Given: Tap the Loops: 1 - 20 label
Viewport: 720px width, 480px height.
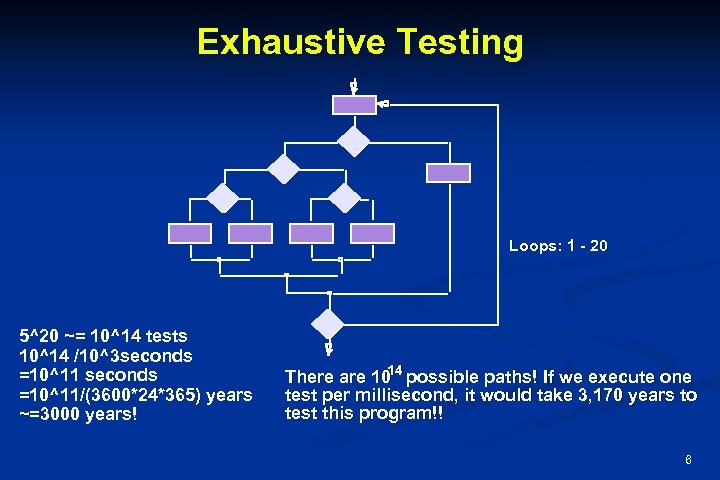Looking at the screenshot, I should tap(557, 245).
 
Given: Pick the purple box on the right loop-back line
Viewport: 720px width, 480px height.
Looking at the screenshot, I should tap(447, 172).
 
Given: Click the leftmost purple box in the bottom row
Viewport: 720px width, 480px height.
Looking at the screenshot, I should tap(190, 233).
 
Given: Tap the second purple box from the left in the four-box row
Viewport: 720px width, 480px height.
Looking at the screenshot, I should tap(250, 233).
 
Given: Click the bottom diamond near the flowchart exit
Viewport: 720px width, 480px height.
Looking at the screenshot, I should tap(328, 323).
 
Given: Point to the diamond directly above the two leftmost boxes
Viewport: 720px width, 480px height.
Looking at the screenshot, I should tap(221, 198).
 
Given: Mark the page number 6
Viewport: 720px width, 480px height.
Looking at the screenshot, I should tap(688, 460).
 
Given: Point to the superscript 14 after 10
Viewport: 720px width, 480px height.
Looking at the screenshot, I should tap(395, 371).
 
